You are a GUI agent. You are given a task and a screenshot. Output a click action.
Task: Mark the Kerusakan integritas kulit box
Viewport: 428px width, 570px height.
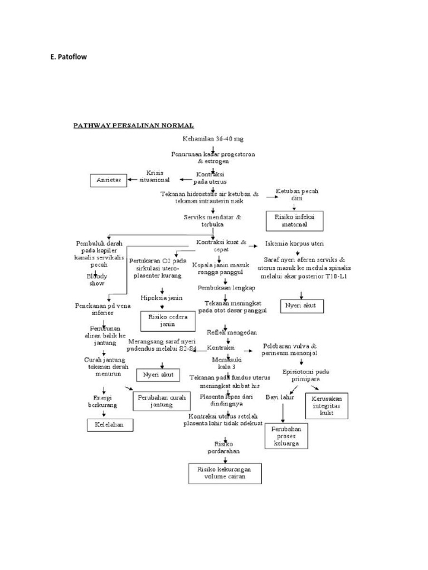pyautogui.click(x=327, y=405)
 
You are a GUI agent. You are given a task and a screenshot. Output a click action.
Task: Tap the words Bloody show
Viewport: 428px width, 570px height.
pyautogui.click(x=96, y=279)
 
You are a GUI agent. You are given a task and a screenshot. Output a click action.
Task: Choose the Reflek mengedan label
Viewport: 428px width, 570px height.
pyautogui.click(x=231, y=332)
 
